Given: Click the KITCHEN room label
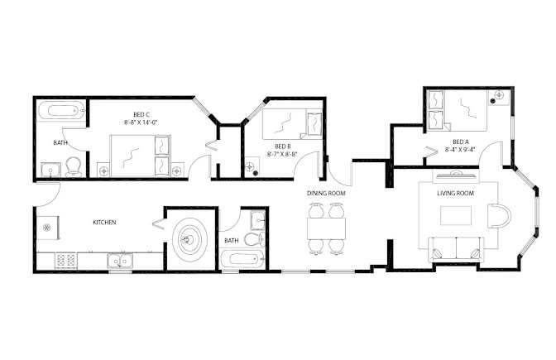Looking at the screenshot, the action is [104, 223].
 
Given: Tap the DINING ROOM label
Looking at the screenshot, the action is [326, 194].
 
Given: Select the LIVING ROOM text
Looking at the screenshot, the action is [455, 194].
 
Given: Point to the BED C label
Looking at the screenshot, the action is [141, 114].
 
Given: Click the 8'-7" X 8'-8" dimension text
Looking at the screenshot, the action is [282, 154].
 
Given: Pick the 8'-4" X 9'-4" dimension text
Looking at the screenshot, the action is [460, 150].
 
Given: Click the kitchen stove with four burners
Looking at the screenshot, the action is [65, 261].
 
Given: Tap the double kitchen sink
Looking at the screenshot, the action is [120, 261].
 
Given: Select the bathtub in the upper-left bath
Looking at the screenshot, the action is [61, 110].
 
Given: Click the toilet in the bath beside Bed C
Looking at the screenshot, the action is [74, 166].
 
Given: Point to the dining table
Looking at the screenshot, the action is [326, 228].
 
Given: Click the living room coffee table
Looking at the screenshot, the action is [456, 215].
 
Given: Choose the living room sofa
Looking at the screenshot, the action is [456, 250].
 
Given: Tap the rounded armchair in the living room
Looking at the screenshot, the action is [499, 216].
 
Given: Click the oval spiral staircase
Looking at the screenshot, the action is [190, 240].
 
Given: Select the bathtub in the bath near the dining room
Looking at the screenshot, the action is [242, 260].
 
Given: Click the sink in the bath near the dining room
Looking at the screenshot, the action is [258, 221].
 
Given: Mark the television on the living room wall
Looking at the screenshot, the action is [456, 175].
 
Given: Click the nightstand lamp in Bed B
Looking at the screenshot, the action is [251, 166].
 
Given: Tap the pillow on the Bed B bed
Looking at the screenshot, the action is [314, 124].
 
